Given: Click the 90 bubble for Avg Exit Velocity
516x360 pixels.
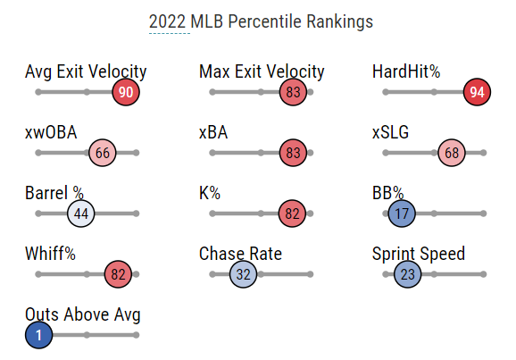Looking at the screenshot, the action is [x=126, y=92].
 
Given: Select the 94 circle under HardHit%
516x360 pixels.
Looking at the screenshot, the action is [x=477, y=92].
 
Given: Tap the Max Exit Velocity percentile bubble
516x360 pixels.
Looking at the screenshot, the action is [x=293, y=92].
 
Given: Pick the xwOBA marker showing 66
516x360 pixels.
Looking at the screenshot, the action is [x=103, y=153].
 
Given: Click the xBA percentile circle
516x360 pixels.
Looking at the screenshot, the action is [x=293, y=153].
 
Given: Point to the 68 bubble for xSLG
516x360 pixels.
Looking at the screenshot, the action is [x=452, y=153].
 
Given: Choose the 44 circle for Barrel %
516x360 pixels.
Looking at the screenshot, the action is [x=81, y=213].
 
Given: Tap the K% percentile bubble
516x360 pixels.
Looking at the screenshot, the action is [x=292, y=213].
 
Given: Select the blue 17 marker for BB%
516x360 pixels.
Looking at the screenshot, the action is [x=402, y=213].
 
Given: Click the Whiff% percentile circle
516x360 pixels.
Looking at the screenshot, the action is [x=118, y=274].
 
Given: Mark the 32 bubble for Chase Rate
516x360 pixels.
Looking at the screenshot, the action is [x=243, y=274].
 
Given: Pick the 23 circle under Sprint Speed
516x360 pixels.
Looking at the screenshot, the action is [x=407, y=274].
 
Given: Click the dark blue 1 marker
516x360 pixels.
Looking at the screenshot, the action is [x=38, y=335].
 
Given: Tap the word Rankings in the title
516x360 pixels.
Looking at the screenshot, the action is [x=339, y=22].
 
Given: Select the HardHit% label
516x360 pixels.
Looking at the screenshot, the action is [x=406, y=71].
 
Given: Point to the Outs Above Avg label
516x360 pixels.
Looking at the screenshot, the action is [x=83, y=314].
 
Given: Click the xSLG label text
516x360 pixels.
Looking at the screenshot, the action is [x=390, y=132].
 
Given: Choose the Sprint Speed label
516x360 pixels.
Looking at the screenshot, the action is [x=419, y=254].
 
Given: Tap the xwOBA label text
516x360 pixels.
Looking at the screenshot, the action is [x=51, y=132].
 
